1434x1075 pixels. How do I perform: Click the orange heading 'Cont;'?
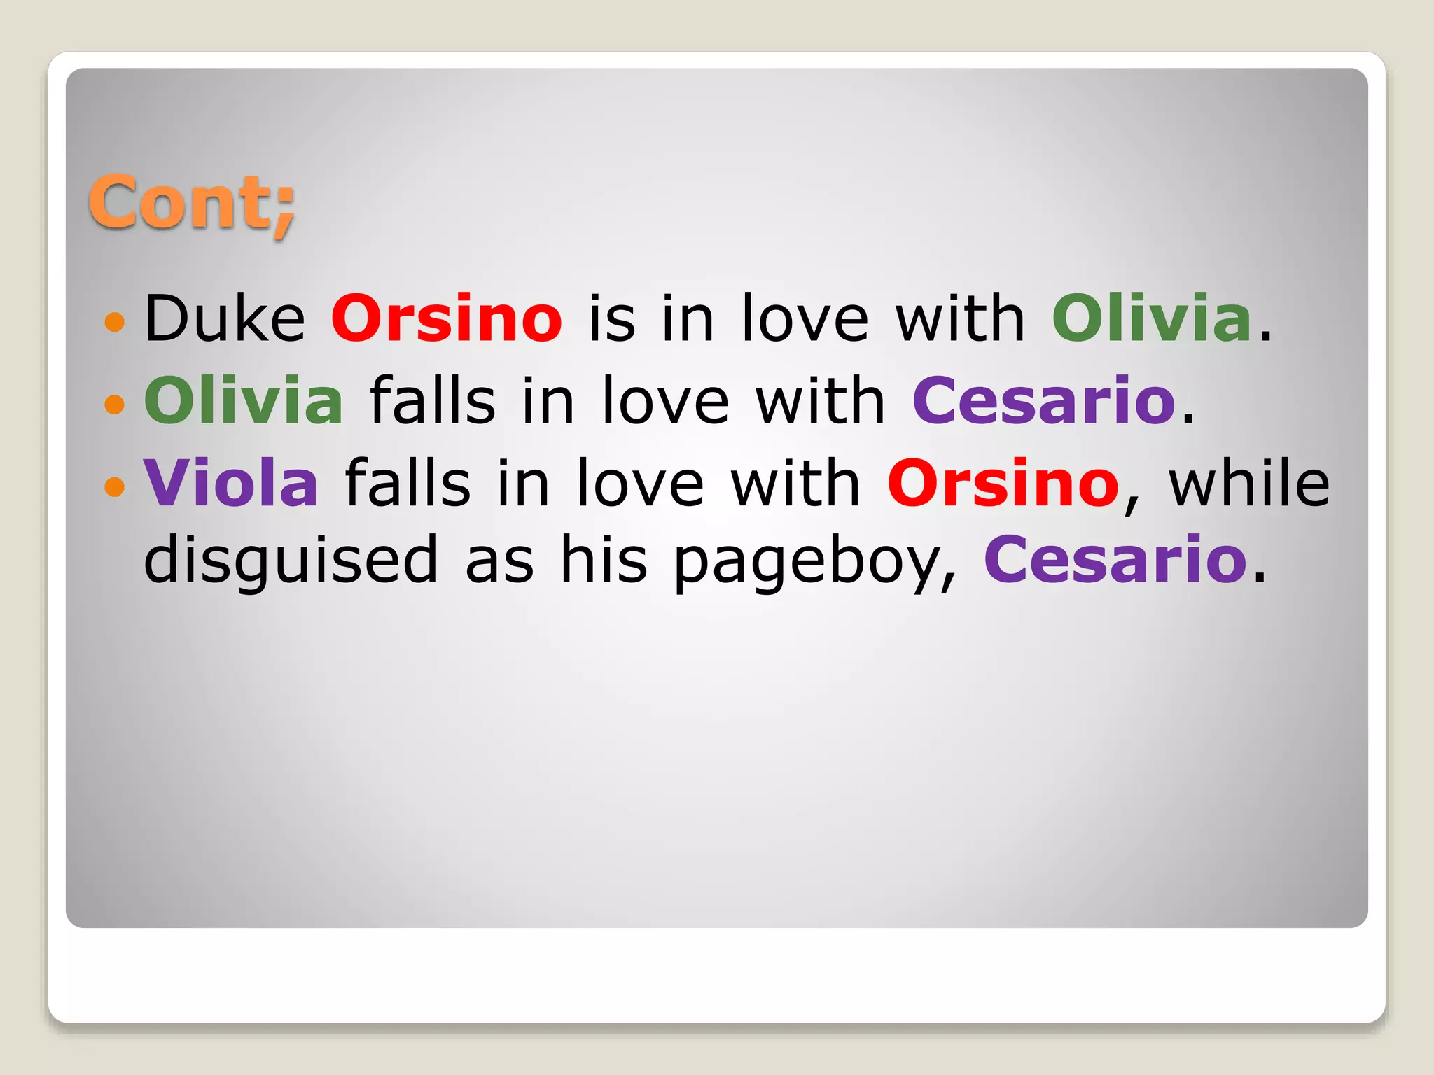click(191, 202)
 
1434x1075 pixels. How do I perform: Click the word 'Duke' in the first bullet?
click(225, 319)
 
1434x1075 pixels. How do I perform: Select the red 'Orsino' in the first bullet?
click(447, 319)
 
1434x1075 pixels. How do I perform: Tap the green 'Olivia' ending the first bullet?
click(1151, 319)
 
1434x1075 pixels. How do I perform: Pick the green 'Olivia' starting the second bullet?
click(244, 401)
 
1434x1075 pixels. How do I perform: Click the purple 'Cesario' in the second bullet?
click(1043, 401)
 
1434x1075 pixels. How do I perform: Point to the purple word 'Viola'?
click(231, 483)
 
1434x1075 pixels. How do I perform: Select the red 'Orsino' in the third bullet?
click(1003, 483)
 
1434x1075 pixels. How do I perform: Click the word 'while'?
click(1249, 483)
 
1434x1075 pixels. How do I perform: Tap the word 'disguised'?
click(291, 560)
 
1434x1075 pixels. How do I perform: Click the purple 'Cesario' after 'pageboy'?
click(1115, 560)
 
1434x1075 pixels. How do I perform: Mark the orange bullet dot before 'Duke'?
click(114, 323)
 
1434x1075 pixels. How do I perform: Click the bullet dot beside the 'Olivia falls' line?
click(114, 404)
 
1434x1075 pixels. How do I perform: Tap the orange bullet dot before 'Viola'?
click(114, 486)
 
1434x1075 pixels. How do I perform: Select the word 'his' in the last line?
click(604, 560)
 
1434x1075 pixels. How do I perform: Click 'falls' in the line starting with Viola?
click(408, 483)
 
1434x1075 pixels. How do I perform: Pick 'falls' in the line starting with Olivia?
click(432, 401)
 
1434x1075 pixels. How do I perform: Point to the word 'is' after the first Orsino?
click(611, 319)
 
